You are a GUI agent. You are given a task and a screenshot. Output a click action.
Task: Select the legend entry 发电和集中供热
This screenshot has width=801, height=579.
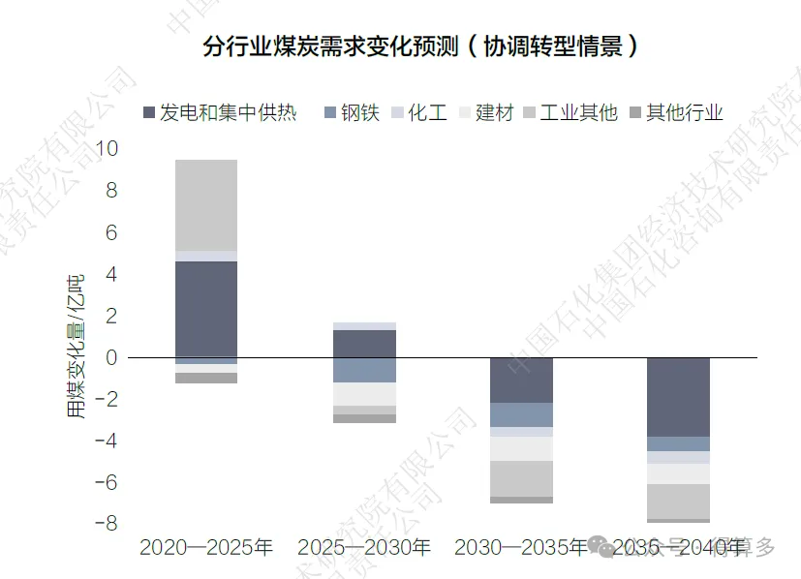tap(228, 112)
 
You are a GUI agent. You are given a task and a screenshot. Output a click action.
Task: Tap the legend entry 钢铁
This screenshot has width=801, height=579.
tap(359, 112)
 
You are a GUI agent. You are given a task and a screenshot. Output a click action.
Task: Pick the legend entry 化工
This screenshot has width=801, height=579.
tap(427, 112)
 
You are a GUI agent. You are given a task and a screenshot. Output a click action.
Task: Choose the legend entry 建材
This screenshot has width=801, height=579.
tap(494, 112)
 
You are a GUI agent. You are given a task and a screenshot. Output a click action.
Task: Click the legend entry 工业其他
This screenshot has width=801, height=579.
tap(578, 112)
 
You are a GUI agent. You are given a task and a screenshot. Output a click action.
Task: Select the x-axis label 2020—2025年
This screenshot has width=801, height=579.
tap(206, 548)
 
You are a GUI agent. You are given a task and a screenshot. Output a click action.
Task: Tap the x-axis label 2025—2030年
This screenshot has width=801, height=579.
tap(363, 548)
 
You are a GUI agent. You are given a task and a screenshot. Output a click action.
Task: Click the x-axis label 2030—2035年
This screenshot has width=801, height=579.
tap(520, 548)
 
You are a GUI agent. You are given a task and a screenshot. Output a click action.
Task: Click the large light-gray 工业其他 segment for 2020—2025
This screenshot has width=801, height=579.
tap(206, 204)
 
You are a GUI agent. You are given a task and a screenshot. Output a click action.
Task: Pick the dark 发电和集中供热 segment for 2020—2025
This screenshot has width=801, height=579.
tap(206, 309)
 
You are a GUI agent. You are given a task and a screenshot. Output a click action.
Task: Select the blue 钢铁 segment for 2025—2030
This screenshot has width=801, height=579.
tap(364, 370)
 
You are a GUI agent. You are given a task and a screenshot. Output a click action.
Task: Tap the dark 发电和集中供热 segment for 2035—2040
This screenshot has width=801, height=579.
tap(678, 397)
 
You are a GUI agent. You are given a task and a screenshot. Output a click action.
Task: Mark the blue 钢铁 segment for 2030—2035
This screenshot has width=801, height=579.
tap(521, 414)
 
